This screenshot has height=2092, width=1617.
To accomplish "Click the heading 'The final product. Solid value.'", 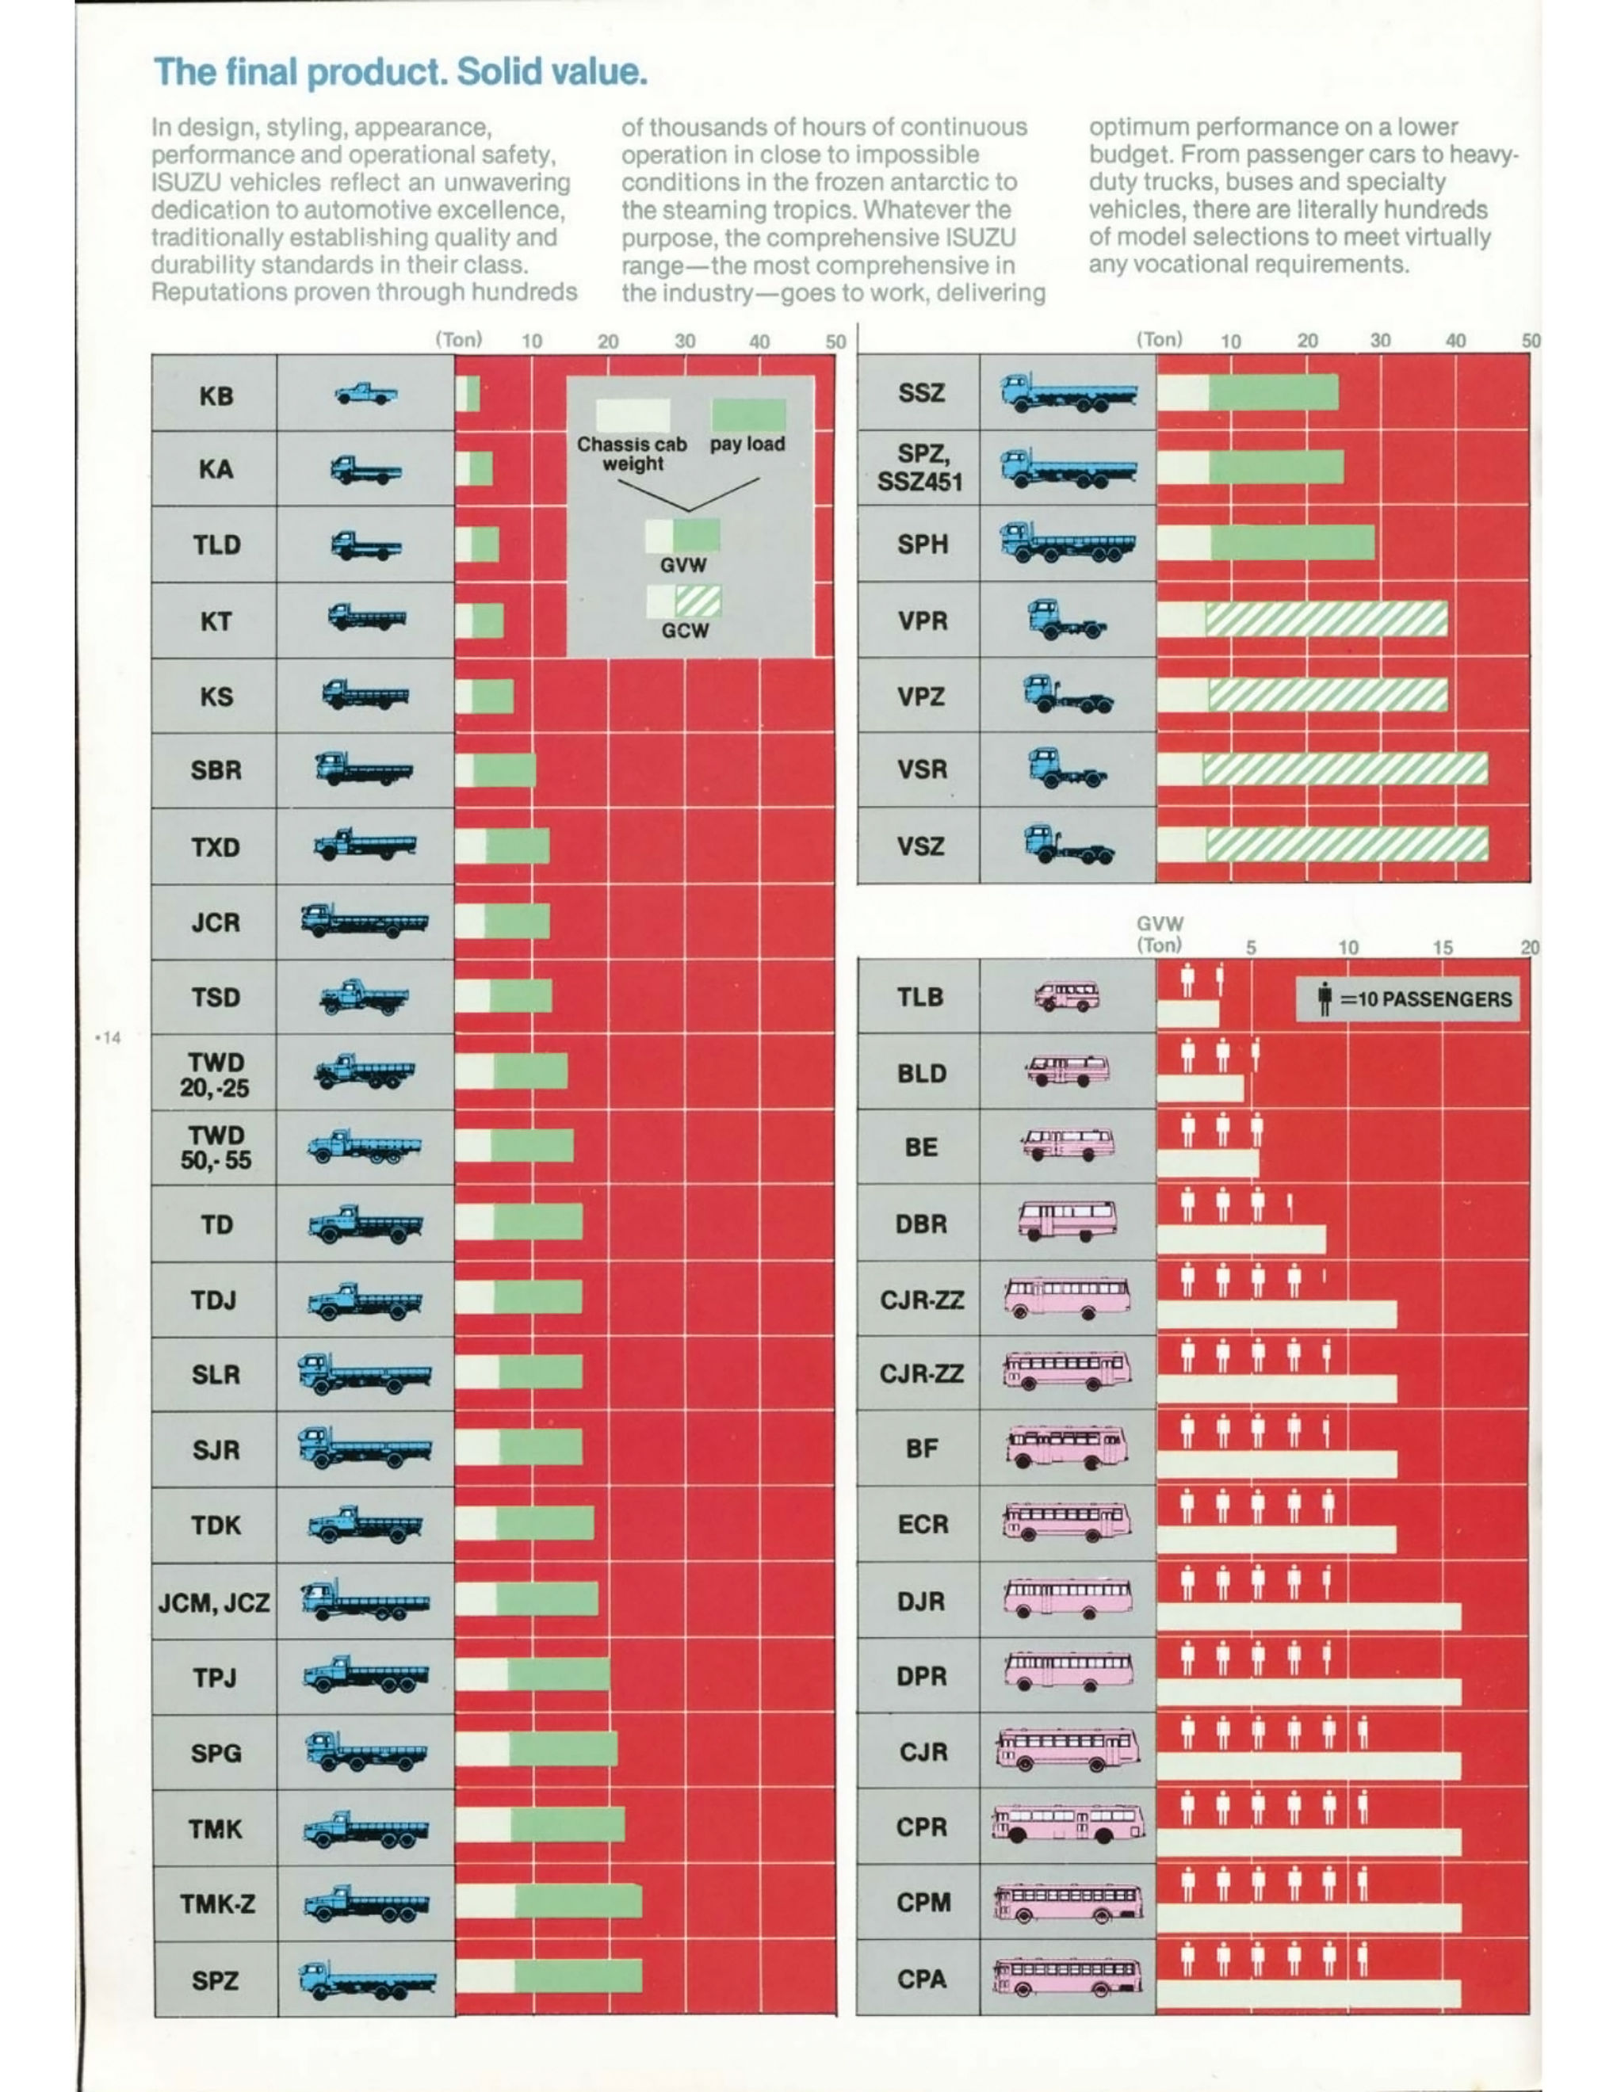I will [x=400, y=73].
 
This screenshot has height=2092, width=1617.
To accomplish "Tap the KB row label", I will [x=216, y=395].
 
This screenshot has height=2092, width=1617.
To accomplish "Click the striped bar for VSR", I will [x=1345, y=769].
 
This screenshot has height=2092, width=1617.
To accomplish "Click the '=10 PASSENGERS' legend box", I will [x=1405, y=999].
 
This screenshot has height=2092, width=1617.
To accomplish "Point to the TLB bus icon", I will [x=1066, y=997].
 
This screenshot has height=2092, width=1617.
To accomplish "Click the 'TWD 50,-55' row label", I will [x=216, y=1147].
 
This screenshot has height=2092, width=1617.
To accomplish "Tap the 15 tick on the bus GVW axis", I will [x=1443, y=947].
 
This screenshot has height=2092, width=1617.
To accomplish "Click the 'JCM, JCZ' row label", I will [x=214, y=1602].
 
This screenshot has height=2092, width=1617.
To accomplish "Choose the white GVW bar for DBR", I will [x=1241, y=1239].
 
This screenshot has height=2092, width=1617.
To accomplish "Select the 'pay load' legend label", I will [x=747, y=445].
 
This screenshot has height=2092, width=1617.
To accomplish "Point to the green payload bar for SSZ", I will [x=1273, y=391].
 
